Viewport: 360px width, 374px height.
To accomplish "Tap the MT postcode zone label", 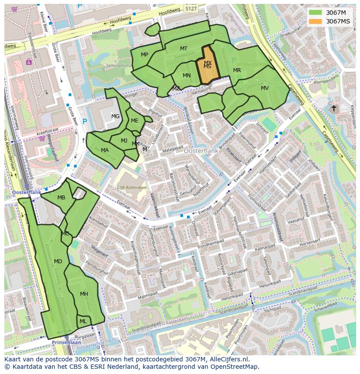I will click(183, 49).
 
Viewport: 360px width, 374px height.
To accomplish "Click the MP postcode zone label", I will click(145, 54).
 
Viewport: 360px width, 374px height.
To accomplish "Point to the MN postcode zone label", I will click(187, 76).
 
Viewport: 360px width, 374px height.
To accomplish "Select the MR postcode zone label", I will click(237, 70).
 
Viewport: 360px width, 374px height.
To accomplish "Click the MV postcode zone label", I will click(265, 88).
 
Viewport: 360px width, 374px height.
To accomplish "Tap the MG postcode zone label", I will click(115, 116).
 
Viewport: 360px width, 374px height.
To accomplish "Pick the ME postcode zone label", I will click(134, 121).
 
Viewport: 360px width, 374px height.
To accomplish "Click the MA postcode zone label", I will click(105, 150).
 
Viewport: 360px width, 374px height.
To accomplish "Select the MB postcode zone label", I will click(61, 198).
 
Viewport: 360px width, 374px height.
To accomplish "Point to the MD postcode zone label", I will click(58, 261).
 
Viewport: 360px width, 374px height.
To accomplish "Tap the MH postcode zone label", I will click(84, 294).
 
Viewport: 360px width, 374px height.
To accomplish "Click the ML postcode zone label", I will click(83, 321).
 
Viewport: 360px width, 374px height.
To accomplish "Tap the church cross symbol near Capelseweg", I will click(333, 108).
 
